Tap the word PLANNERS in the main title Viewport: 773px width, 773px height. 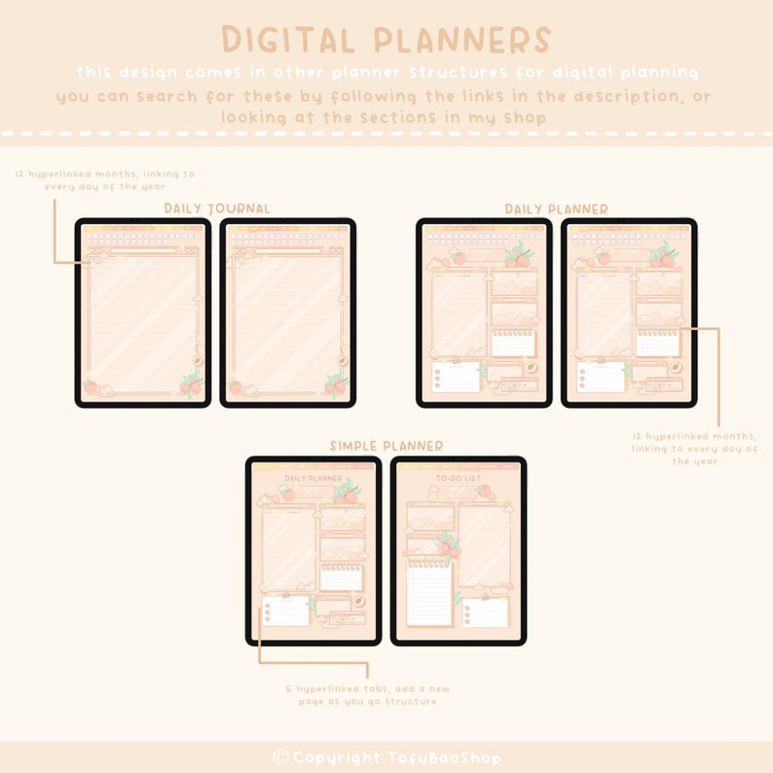click(x=462, y=40)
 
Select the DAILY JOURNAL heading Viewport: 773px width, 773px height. click(x=217, y=208)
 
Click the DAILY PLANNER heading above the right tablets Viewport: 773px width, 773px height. click(x=556, y=208)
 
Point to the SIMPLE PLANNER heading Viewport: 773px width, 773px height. click(x=386, y=446)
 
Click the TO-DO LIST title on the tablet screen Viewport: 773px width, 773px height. click(x=458, y=479)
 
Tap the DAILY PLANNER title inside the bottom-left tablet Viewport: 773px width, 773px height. click(x=313, y=479)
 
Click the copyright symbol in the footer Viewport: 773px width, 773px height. click(x=280, y=757)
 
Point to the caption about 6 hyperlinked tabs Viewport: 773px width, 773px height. click(x=368, y=694)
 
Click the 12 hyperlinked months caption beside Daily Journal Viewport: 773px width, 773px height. click(x=104, y=180)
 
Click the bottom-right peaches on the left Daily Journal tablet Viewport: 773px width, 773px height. click(x=190, y=386)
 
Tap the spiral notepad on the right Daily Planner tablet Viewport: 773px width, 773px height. click(x=658, y=343)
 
